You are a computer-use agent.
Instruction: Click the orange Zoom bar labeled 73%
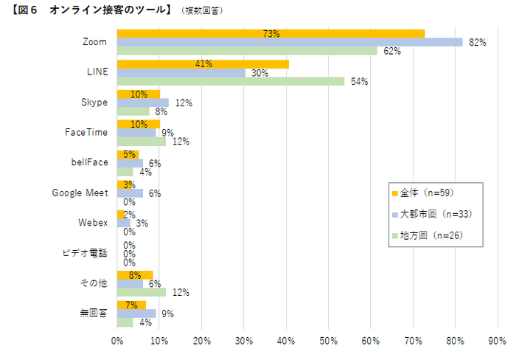(x=270, y=33)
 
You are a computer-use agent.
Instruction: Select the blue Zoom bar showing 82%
(x=289, y=42)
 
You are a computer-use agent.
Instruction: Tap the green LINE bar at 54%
(x=230, y=81)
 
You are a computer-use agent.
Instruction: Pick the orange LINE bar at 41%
(x=203, y=64)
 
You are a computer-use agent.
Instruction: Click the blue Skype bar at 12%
(x=142, y=103)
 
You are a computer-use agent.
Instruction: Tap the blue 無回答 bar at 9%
(x=136, y=313)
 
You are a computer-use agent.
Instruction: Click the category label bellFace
(x=89, y=162)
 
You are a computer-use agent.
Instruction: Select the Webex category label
(x=93, y=222)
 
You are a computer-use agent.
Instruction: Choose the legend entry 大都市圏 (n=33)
(x=435, y=214)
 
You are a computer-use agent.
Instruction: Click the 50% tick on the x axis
(x=328, y=341)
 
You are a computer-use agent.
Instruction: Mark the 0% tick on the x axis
(x=117, y=341)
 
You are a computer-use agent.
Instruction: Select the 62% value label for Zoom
(x=391, y=51)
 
